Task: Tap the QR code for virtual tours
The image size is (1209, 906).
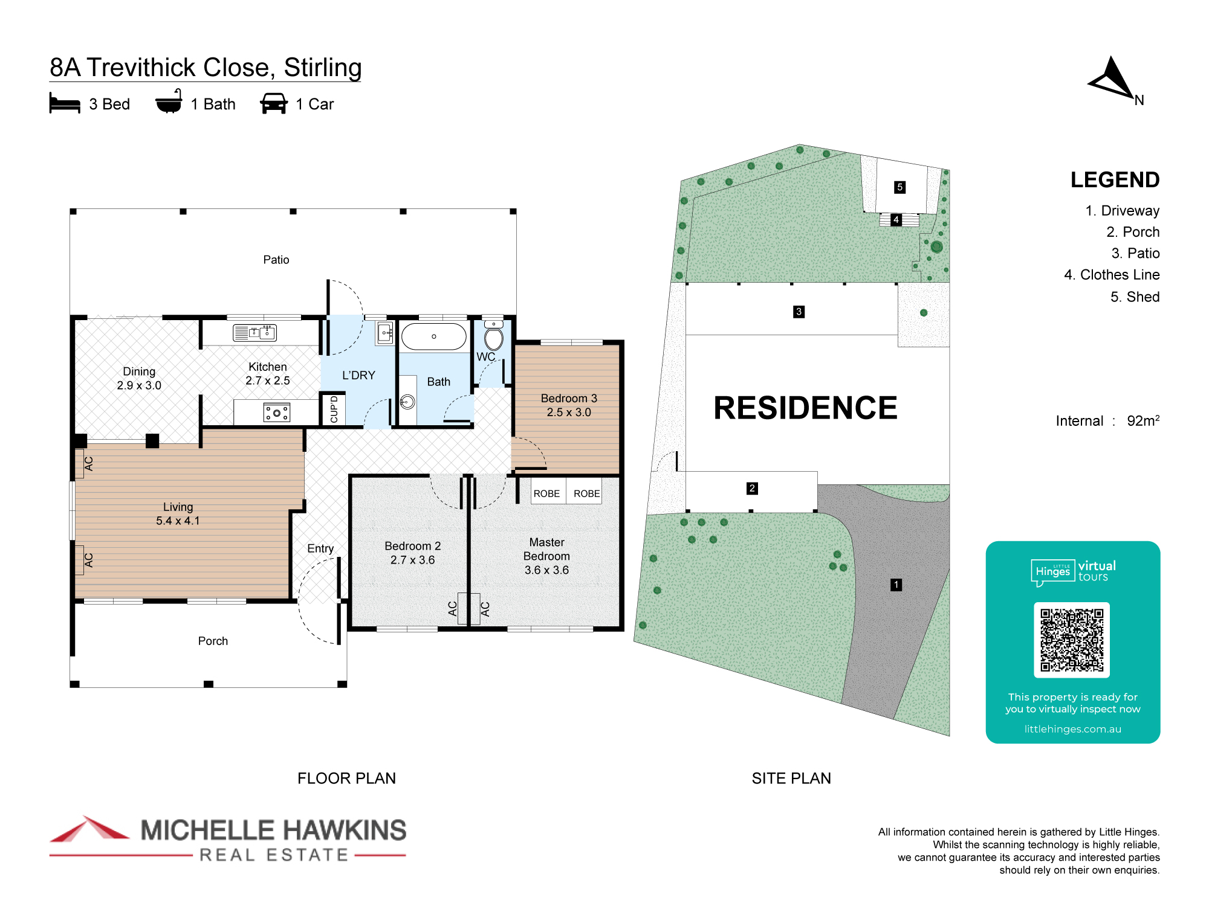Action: (x=1072, y=640)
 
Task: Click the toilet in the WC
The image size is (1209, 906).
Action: (x=493, y=336)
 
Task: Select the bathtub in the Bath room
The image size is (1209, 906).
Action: (x=434, y=336)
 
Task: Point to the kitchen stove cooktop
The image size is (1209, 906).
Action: (x=277, y=413)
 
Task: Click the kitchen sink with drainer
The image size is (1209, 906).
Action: (x=254, y=332)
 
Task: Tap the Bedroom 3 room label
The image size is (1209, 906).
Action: (x=569, y=405)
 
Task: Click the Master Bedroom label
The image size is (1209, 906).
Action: (x=547, y=556)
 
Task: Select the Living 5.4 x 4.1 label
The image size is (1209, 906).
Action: (x=178, y=513)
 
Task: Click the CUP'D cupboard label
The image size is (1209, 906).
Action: (x=334, y=410)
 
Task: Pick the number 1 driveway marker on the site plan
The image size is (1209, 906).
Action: (x=896, y=585)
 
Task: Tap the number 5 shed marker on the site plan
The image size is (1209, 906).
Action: (x=899, y=187)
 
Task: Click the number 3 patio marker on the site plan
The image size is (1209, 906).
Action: (x=799, y=312)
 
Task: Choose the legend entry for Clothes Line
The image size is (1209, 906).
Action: (x=1112, y=275)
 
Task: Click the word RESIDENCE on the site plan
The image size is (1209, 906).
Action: (x=805, y=408)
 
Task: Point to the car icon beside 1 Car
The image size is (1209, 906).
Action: (x=274, y=103)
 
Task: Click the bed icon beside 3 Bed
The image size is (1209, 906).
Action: (x=65, y=103)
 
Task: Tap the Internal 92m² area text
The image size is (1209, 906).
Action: (x=1107, y=420)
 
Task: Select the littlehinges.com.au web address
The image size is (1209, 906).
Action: (x=1072, y=729)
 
